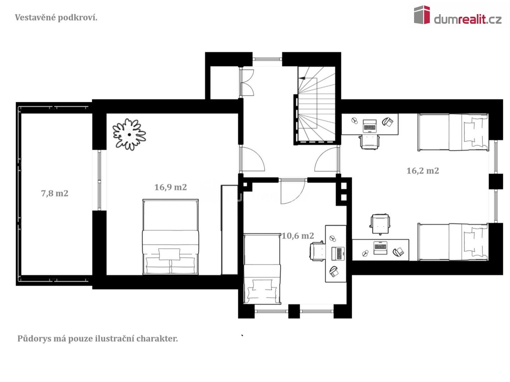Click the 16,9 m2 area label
point(171,187)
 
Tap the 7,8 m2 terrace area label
point(55,193)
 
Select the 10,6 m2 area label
point(297,236)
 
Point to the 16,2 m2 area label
point(423,171)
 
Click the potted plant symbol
point(129,134)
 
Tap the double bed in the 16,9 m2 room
point(171,237)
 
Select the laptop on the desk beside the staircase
point(370,126)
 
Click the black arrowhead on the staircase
point(302,78)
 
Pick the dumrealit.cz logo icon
point(422,15)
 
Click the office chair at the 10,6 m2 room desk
point(317,251)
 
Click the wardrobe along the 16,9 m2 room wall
point(229,230)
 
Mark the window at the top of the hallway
point(267,59)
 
